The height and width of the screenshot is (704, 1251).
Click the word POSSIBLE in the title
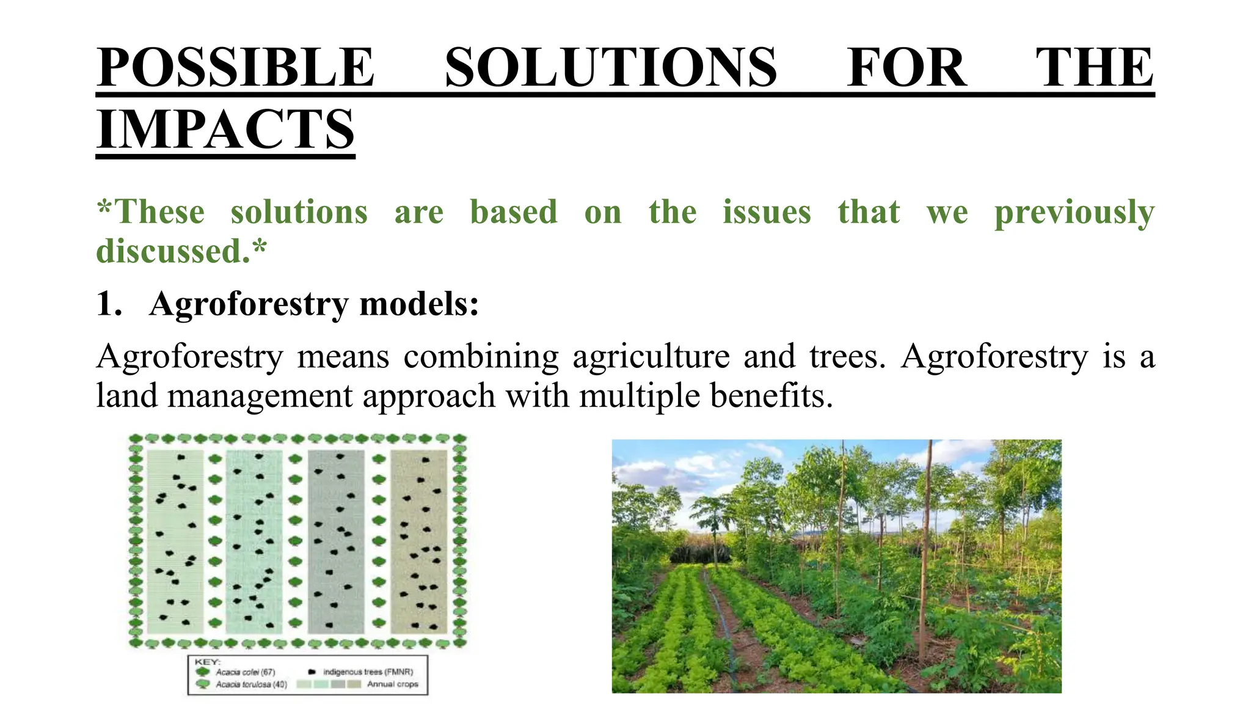[235, 67]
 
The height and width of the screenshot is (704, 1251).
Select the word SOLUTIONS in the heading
[610, 67]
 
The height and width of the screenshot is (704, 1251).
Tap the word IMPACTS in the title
[225, 129]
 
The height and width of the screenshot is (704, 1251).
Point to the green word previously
[1074, 212]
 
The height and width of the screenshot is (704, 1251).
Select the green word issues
[767, 212]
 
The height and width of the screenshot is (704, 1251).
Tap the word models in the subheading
[418, 304]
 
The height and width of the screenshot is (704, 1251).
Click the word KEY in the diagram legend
[207, 662]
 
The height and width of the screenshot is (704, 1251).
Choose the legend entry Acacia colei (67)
[245, 672]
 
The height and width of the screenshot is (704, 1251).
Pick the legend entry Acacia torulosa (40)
[251, 684]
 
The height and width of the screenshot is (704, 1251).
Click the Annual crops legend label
[392, 684]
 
